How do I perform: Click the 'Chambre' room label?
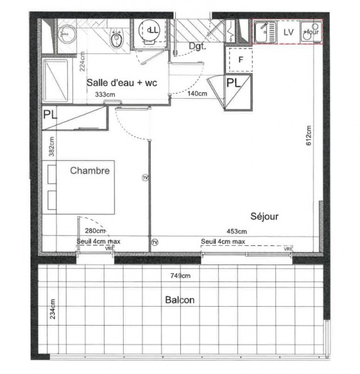click(x=90, y=170)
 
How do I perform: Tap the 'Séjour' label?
click(x=264, y=216)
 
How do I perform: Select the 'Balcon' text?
click(x=180, y=300)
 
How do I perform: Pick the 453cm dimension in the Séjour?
click(x=237, y=231)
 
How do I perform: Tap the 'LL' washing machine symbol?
click(x=151, y=30)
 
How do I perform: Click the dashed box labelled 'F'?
click(x=239, y=61)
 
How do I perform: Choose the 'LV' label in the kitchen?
click(x=289, y=31)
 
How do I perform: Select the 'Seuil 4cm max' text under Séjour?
click(x=223, y=241)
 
